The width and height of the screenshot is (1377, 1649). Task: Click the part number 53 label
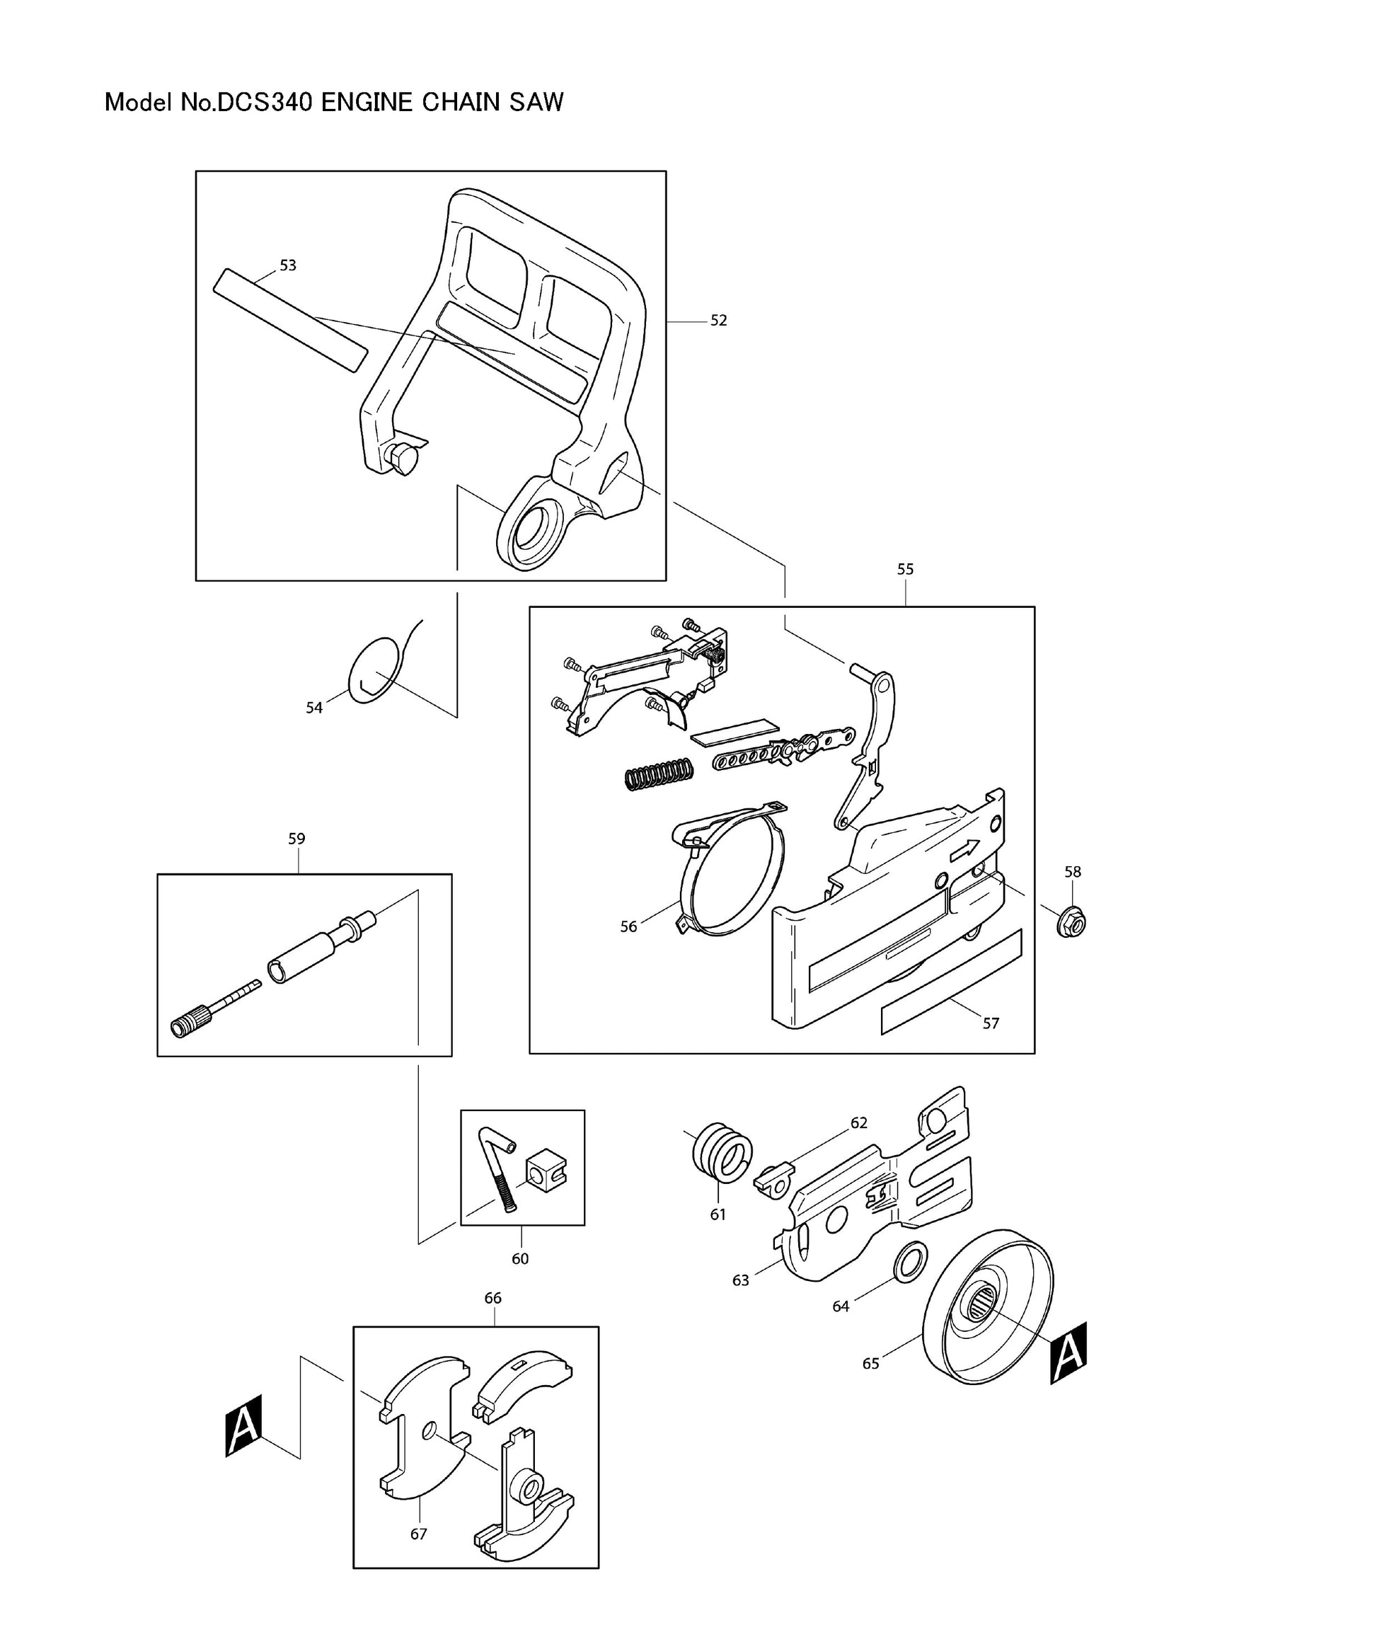(288, 265)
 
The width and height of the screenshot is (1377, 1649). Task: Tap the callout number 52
(718, 321)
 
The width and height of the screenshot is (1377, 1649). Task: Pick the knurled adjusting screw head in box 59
(191, 1024)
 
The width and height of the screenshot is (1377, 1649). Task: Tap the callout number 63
(740, 1280)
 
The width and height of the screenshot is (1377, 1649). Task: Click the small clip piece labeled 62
(774, 1178)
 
